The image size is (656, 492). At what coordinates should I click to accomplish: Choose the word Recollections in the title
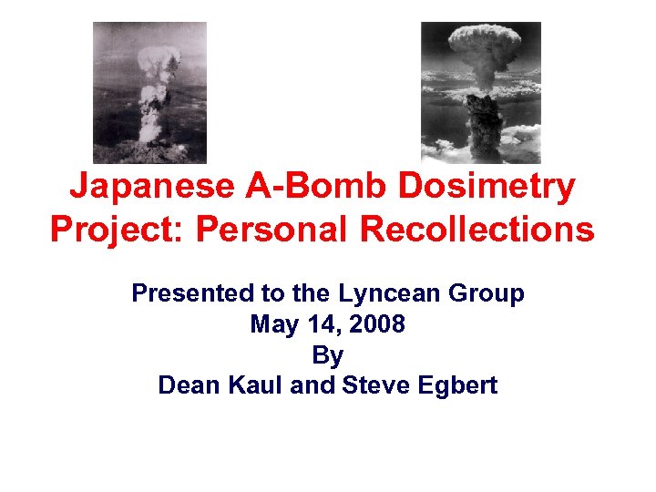477,229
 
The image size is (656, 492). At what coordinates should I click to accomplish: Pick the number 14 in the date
315,324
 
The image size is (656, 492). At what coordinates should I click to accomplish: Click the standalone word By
327,354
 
